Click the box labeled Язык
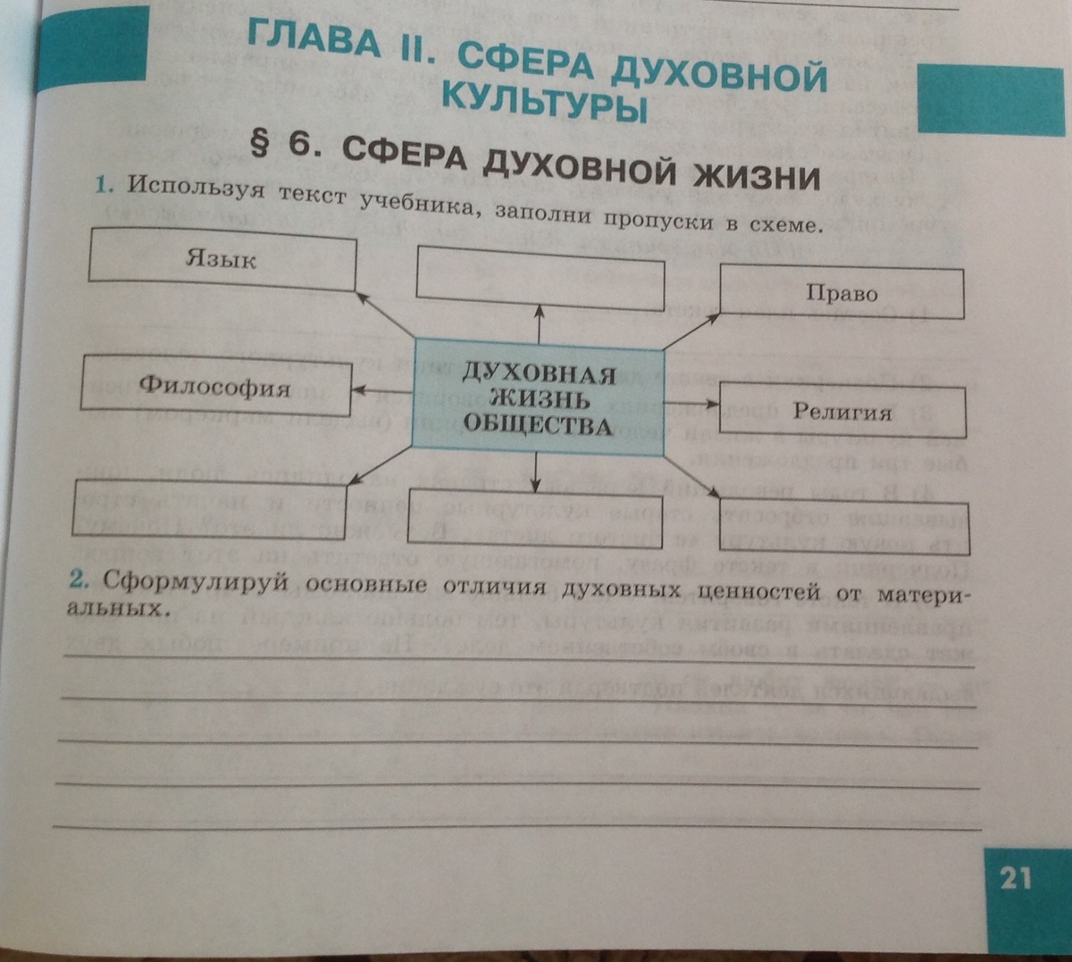222,259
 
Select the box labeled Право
842,293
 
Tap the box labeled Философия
215,386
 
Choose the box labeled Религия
842,412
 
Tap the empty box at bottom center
534,518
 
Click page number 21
1016,877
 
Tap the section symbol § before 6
259,141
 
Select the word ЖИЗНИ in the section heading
756,175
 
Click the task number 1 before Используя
104,185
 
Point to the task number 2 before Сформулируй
80,580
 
